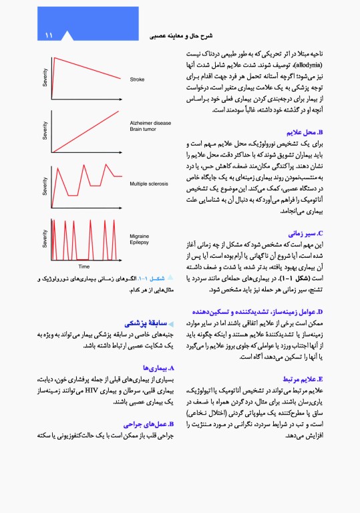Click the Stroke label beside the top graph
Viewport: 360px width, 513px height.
pyautogui.click(x=138, y=79)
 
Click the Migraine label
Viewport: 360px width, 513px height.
pyautogui.click(x=140, y=236)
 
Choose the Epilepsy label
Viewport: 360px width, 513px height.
pyautogui.click(x=140, y=243)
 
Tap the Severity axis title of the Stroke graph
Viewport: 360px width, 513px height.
pyautogui.click(x=45, y=78)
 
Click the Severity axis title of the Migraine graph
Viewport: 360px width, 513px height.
pyautogui.click(x=45, y=238)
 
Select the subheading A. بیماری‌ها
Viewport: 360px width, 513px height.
pyautogui.click(x=158, y=367)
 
